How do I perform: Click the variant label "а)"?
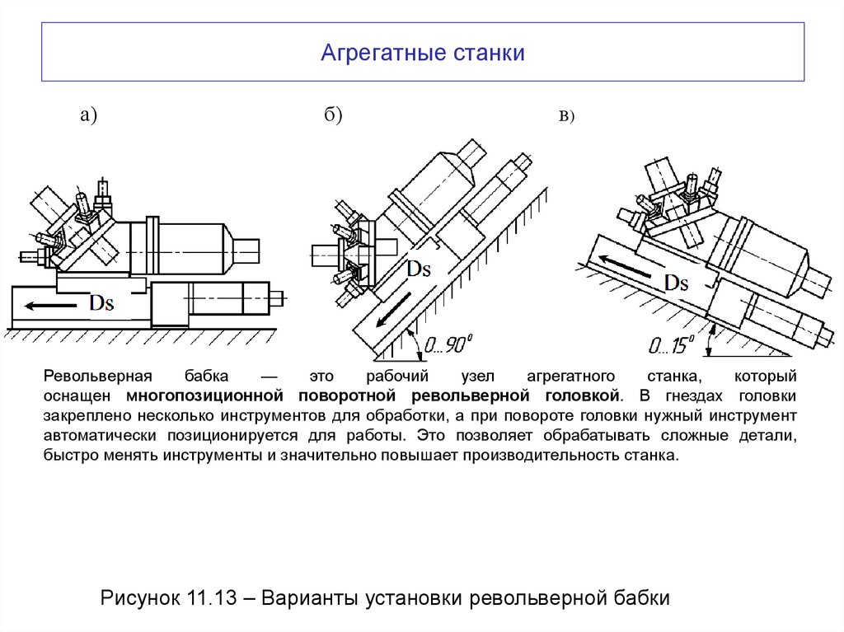pyautogui.click(x=88, y=116)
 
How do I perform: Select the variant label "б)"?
pyautogui.click(x=332, y=116)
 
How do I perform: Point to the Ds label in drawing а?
pyautogui.click(x=101, y=303)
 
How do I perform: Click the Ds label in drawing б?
pyautogui.click(x=420, y=269)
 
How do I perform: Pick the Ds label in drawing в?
pyautogui.click(x=676, y=283)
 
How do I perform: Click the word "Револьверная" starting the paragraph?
pyautogui.click(x=91, y=377)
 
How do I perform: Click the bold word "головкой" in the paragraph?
pyautogui.click(x=583, y=396)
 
